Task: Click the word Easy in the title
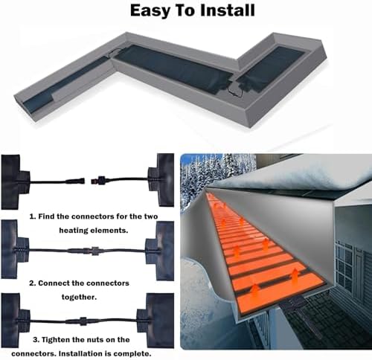(x=151, y=11)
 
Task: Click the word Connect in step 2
(x=62, y=283)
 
